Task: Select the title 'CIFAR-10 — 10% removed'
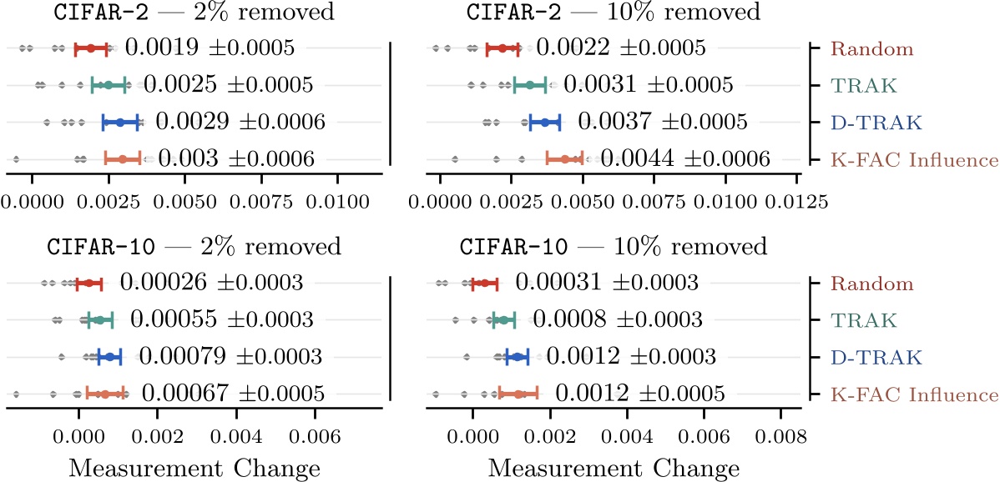[613, 248]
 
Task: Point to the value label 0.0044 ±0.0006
[685, 158]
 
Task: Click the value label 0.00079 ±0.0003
[231, 357]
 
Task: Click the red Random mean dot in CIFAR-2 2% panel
[91, 48]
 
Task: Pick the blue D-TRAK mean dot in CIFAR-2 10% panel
[545, 122]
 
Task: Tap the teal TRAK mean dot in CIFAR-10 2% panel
[98, 320]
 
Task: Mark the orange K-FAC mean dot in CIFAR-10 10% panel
[518, 394]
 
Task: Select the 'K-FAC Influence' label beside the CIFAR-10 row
[914, 394]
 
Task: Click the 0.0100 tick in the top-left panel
[337, 202]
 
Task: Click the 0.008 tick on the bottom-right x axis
[780, 435]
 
